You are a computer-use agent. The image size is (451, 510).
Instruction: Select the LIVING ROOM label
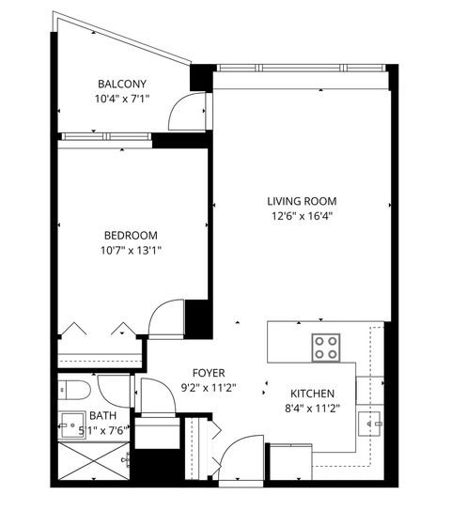click(x=301, y=201)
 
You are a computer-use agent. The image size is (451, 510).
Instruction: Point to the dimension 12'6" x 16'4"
click(x=301, y=216)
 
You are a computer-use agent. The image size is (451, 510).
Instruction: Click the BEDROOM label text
click(x=131, y=235)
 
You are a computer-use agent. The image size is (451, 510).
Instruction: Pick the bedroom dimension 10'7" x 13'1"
click(x=131, y=250)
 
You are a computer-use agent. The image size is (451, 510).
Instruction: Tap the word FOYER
click(x=209, y=371)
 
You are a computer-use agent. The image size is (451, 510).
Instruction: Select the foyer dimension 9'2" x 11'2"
click(x=209, y=386)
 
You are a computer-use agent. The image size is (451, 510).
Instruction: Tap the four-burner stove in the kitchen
click(x=326, y=347)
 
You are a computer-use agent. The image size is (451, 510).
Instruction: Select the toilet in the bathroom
click(x=72, y=389)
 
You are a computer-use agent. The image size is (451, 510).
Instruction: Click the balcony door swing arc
click(x=180, y=113)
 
